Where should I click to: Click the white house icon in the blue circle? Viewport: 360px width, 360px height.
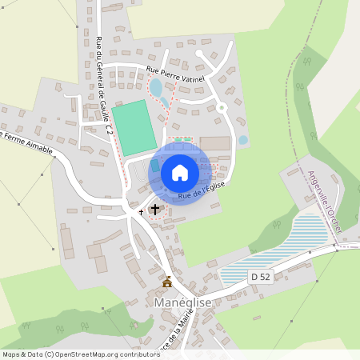(x=180, y=172)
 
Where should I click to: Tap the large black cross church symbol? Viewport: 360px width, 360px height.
(x=154, y=209)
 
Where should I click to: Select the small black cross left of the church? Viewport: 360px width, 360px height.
(x=142, y=212)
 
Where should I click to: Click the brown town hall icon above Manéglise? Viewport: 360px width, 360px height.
(x=167, y=282)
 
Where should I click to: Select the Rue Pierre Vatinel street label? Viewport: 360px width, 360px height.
(x=175, y=74)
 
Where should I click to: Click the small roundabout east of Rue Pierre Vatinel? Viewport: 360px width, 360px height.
(x=222, y=106)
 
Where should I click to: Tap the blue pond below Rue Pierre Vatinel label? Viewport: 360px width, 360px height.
(x=156, y=86)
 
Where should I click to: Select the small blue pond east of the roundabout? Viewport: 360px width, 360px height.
(x=243, y=141)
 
